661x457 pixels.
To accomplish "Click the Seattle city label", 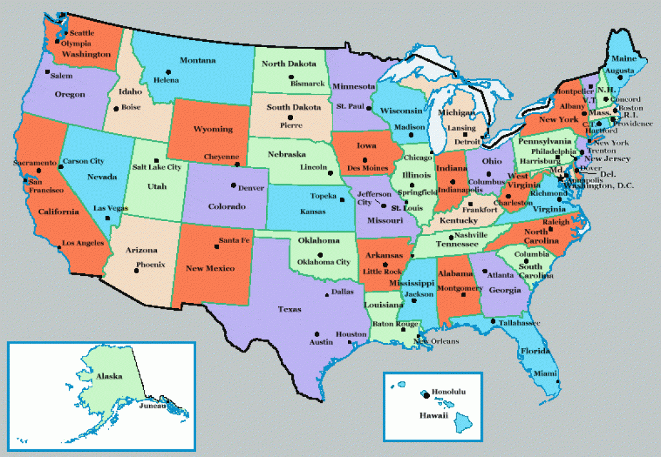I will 81,33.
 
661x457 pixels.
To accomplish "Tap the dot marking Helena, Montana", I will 168,72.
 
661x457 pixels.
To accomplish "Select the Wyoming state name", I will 213,129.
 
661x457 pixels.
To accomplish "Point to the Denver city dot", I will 233,186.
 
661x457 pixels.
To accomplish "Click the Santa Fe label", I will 233,240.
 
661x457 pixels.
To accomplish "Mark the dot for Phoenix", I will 136,271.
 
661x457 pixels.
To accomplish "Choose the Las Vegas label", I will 110,208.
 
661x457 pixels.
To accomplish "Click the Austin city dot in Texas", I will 317,333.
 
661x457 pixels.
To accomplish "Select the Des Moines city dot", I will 365,160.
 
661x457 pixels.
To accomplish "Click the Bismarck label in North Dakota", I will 307,84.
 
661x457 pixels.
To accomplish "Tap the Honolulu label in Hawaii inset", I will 449,392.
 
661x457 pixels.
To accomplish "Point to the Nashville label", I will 471,236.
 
